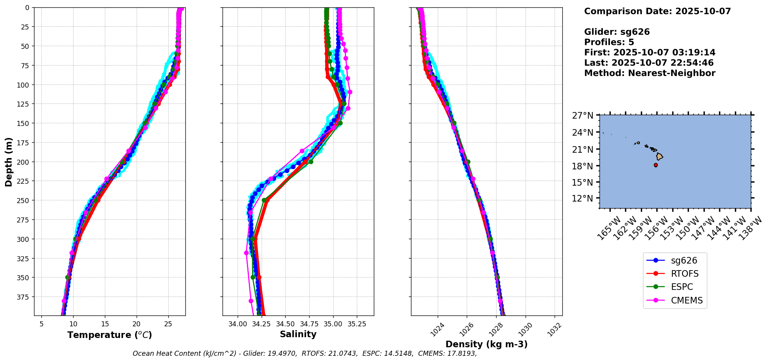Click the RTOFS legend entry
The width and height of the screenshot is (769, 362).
[684, 274]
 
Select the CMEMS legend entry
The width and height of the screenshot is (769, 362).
[687, 300]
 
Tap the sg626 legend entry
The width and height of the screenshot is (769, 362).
[684, 260]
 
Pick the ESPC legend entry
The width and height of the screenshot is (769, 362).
[682, 287]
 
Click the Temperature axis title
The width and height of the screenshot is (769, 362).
[110, 335]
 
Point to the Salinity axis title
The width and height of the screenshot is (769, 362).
[298, 334]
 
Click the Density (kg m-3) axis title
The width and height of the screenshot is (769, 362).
[486, 344]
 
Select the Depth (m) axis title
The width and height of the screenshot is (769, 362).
[9, 162]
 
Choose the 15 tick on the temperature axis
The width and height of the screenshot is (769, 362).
[105, 324]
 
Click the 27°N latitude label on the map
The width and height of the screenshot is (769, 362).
[582, 115]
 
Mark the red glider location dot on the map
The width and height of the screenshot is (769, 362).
[656, 165]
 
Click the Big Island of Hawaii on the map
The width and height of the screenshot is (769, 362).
[659, 157]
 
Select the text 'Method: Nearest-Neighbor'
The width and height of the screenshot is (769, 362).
[649, 73]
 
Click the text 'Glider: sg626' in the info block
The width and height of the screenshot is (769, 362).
[617, 32]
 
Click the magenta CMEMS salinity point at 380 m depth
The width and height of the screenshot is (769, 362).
[251, 301]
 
